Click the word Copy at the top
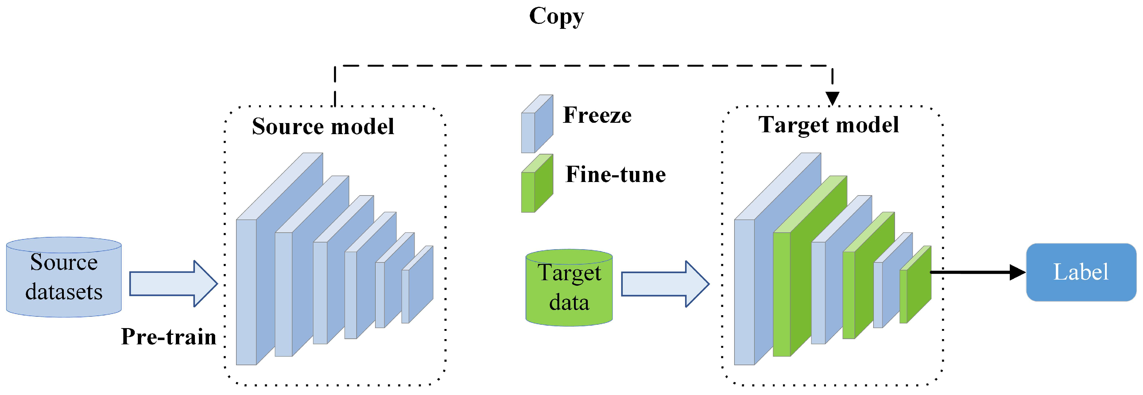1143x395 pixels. click(x=556, y=17)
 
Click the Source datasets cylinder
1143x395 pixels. click(x=64, y=277)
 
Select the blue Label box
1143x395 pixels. click(x=1081, y=272)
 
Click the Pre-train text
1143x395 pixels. click(x=169, y=336)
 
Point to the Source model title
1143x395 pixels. click(x=323, y=126)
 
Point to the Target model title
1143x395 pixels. click(x=828, y=125)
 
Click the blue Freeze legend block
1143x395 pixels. click(x=537, y=124)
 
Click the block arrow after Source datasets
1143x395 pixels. click(x=173, y=284)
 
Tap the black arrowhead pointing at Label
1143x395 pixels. click(x=1017, y=272)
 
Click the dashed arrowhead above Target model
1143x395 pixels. click(x=832, y=98)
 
